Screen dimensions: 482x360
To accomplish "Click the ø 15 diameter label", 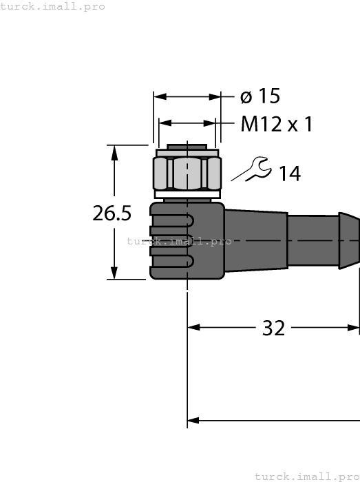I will point(260,97).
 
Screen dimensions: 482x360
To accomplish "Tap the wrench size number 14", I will point(289,174).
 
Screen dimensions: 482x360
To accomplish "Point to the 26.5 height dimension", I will point(112,213).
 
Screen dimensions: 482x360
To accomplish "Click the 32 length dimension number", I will point(273,328).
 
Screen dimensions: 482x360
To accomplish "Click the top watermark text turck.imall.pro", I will point(53,6).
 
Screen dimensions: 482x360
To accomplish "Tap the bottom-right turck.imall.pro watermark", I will point(306,476).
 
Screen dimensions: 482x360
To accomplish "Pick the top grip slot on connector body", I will point(172,220).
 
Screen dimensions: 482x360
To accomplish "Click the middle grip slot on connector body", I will point(172,241).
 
